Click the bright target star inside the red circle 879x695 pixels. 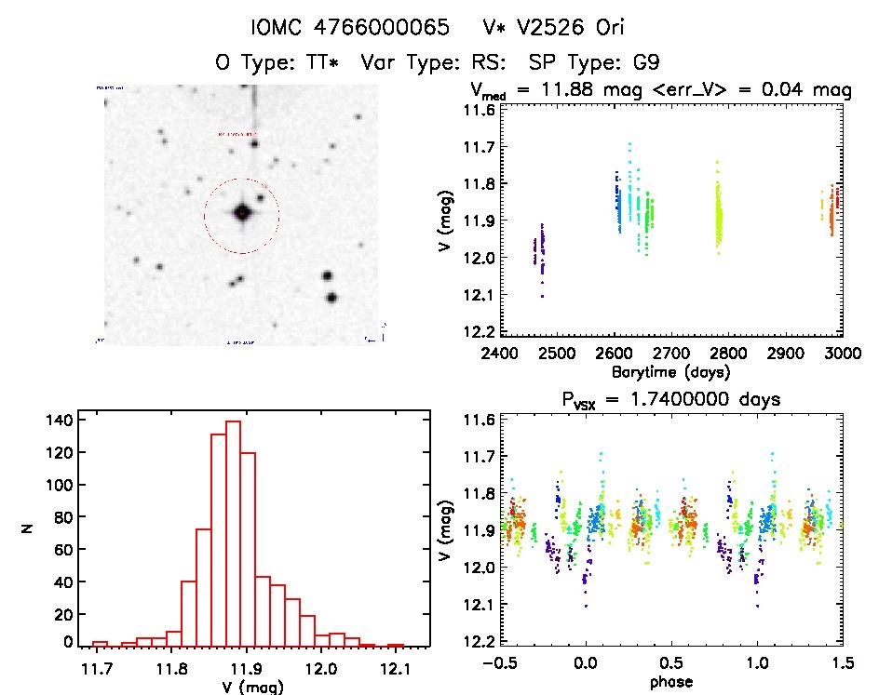pyautogui.click(x=242, y=213)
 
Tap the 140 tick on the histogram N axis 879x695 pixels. pyautogui.click(x=59, y=420)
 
